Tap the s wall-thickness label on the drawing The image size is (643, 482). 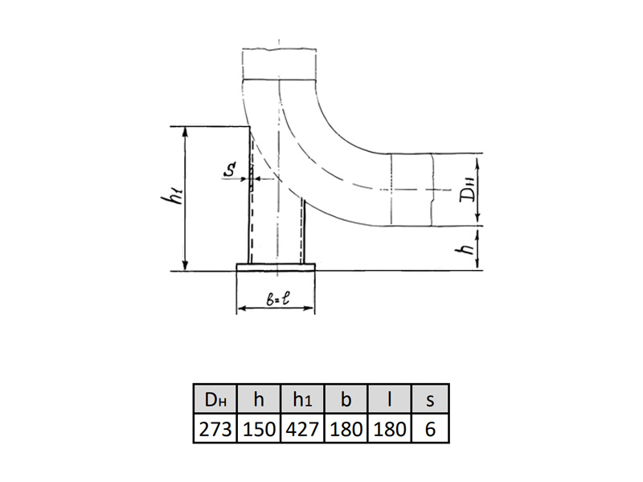point(231,169)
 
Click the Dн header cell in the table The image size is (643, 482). point(215,398)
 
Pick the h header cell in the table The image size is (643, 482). point(259,398)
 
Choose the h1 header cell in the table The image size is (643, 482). point(303,398)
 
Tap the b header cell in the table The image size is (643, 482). point(346,398)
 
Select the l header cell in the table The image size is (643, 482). point(390,398)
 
